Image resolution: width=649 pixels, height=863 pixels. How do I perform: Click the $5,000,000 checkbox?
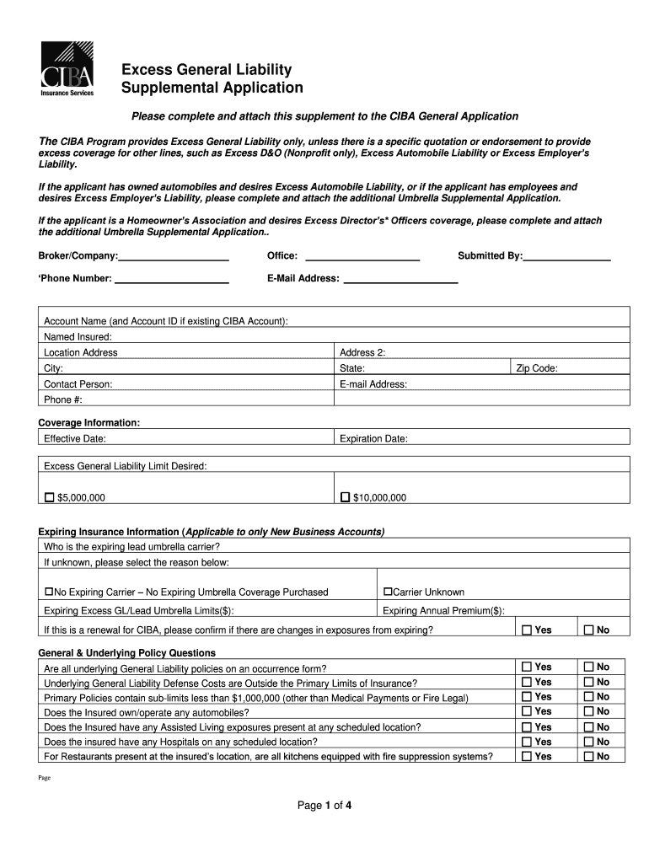(49, 497)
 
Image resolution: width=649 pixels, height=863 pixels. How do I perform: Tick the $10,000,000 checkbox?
(345, 497)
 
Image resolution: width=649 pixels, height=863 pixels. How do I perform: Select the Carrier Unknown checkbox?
(388, 592)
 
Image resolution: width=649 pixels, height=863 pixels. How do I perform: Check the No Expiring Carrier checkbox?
(49, 592)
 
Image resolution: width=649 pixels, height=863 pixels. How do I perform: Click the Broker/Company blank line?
(174, 259)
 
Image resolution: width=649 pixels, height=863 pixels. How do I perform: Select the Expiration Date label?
(373, 438)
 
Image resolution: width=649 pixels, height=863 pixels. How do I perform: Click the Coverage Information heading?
(89, 422)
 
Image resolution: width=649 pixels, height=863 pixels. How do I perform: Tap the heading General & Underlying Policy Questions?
(127, 652)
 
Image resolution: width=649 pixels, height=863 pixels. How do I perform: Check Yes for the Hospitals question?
(527, 742)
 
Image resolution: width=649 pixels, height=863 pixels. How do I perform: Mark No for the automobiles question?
(588, 711)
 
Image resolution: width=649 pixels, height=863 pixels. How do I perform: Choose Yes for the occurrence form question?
(527, 667)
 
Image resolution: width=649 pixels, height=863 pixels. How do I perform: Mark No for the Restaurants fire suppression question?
(588, 757)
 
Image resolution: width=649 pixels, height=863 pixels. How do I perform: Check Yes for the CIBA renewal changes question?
(527, 630)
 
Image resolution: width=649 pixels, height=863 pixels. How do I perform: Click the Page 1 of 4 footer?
(324, 805)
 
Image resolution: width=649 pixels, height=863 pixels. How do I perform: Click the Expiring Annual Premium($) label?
(443, 611)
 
